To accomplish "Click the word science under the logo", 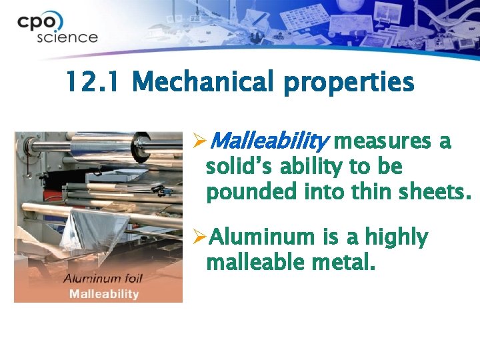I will [67, 37].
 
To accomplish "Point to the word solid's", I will [239, 167].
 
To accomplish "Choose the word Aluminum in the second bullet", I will [261, 237].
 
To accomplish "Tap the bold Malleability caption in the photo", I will [101, 293].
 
